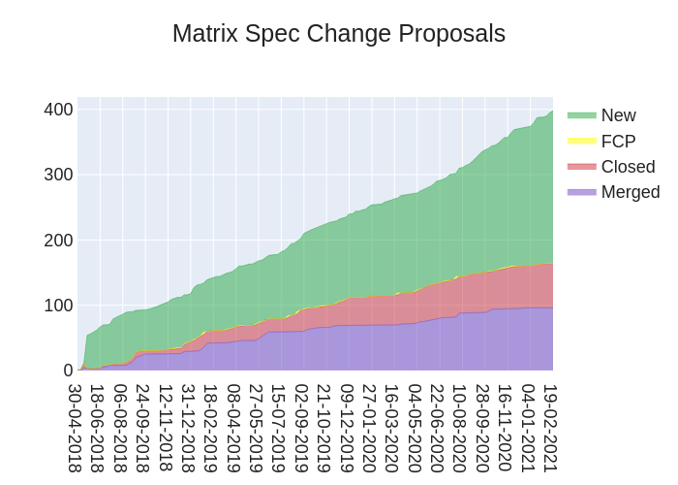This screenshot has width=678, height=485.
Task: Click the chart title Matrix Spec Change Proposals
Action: [x=339, y=34]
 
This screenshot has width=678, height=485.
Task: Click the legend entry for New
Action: [x=618, y=115]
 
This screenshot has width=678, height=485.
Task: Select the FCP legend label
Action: [x=618, y=142]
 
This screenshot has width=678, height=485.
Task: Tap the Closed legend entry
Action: [x=628, y=167]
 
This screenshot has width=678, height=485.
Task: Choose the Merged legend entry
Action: [x=630, y=192]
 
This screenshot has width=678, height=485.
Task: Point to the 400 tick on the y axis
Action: [x=58, y=110]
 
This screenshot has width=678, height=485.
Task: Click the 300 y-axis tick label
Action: [x=58, y=175]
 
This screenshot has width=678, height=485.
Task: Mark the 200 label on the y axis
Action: [x=58, y=240]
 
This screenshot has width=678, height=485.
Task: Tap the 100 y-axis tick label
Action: [x=58, y=305]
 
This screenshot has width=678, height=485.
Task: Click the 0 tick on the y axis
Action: [x=68, y=371]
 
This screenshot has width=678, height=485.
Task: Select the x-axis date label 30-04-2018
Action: [x=75, y=428]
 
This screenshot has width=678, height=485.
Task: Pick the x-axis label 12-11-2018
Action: [x=165, y=428]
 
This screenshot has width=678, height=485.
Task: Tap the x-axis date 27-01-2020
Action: [x=369, y=428]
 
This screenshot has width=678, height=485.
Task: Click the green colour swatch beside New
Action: [x=581, y=115]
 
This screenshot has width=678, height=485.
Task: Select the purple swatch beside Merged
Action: [x=581, y=192]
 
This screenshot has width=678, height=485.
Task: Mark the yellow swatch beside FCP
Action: [x=581, y=142]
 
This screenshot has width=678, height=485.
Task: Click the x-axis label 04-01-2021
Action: [x=528, y=428]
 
